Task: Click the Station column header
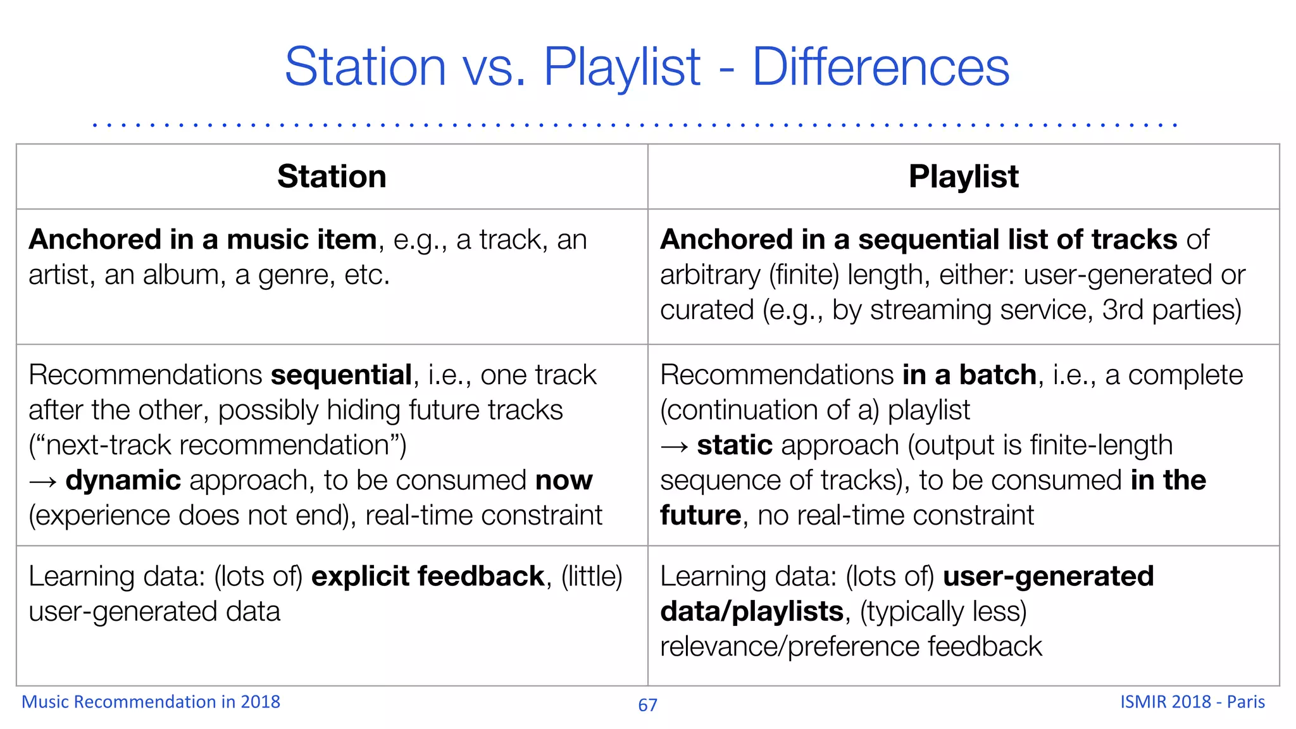click(x=332, y=177)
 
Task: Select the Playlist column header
click(x=963, y=177)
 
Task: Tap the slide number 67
click(x=647, y=705)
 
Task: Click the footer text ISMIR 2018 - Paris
click(x=1192, y=702)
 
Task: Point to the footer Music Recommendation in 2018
click(x=151, y=702)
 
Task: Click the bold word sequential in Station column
click(x=342, y=375)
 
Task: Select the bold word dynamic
click(x=123, y=480)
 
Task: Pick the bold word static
click(x=735, y=445)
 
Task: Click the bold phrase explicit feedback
click(x=428, y=576)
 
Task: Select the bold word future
click(x=701, y=516)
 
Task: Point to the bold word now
click(x=564, y=480)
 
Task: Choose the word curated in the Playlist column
click(x=707, y=310)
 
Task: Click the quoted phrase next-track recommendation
click(x=217, y=445)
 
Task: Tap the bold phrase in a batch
click(x=969, y=375)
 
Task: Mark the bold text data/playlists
click(x=752, y=612)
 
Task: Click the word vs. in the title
click(x=494, y=67)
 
